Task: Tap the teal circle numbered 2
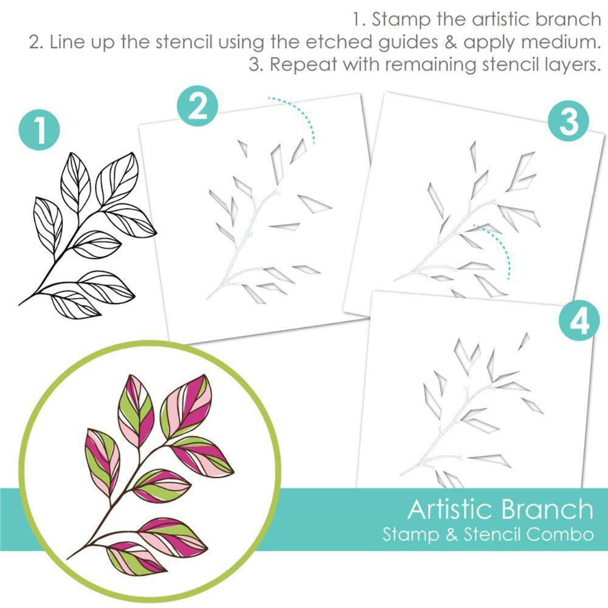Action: (x=195, y=107)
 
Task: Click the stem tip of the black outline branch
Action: (x=21, y=303)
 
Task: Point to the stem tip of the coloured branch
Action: (x=68, y=558)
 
